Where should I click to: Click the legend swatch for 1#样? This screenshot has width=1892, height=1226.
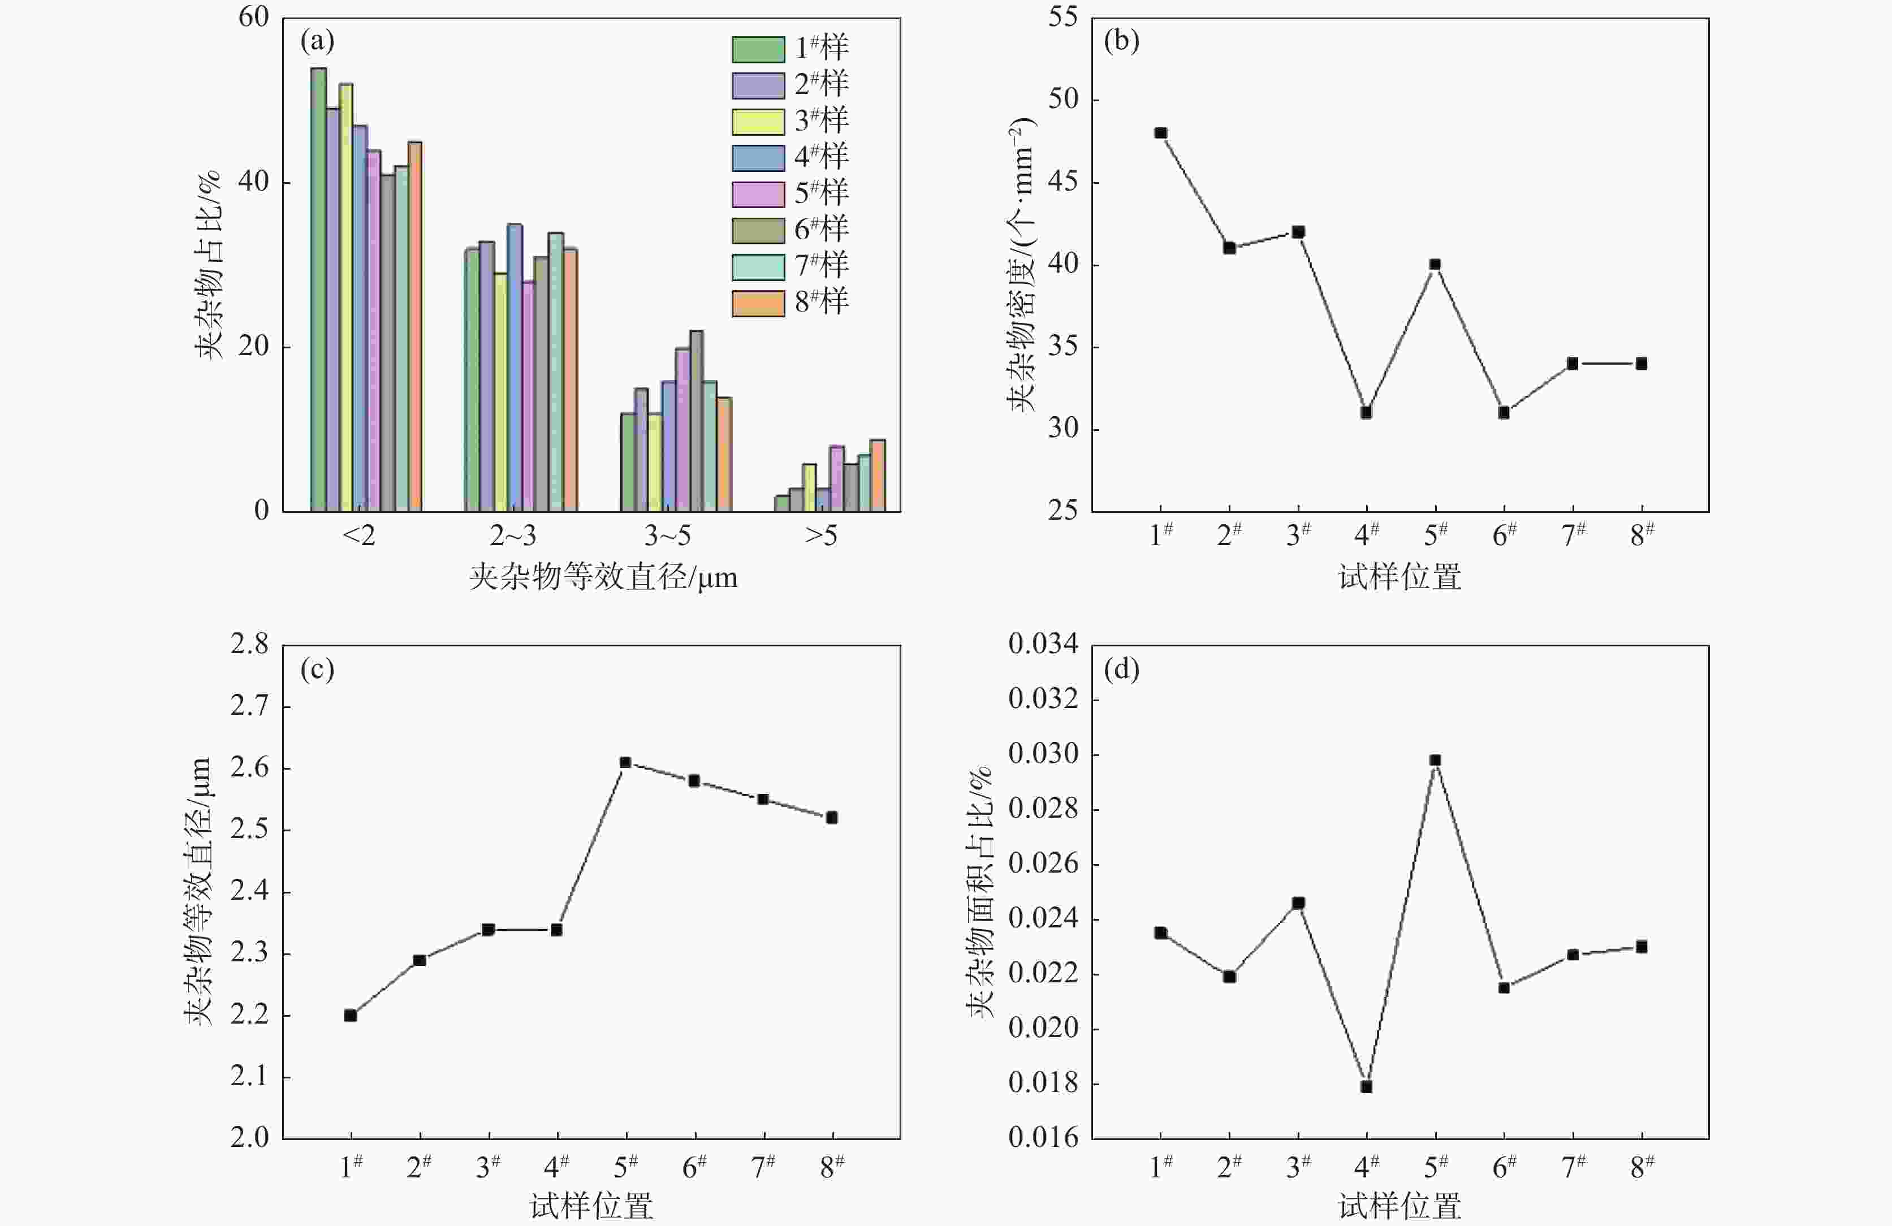[x=758, y=49]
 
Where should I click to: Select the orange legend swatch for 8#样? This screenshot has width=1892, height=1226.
[x=758, y=303]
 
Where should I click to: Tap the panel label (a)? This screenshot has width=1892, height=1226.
[x=317, y=41]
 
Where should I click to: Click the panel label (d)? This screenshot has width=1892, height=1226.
[x=1121, y=670]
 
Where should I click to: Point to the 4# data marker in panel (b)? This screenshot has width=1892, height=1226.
[x=1366, y=413]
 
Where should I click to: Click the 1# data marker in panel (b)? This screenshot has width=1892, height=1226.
[x=1161, y=133]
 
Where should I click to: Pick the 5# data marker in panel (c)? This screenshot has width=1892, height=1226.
[x=625, y=762]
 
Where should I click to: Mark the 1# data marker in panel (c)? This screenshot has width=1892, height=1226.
[x=351, y=1015]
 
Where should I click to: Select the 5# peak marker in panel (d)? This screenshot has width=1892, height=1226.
[x=1435, y=760]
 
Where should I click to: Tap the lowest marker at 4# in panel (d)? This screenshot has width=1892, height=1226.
[x=1366, y=1087]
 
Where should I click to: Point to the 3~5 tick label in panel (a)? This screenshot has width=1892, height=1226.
[x=667, y=537]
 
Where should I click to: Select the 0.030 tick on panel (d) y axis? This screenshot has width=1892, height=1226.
[x=1043, y=754]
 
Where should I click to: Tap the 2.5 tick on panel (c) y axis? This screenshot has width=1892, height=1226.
[x=249, y=830]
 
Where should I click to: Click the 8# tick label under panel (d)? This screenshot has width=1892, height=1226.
[x=1642, y=1167]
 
